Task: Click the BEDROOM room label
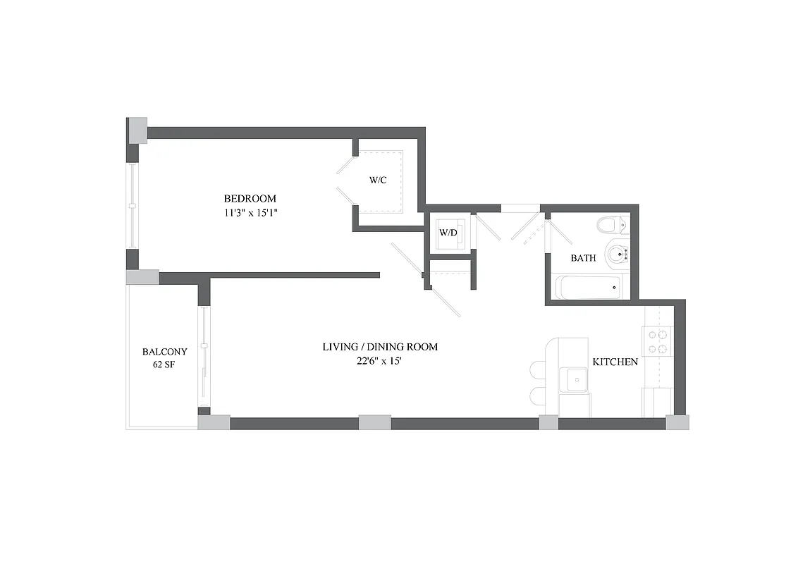click(250, 199)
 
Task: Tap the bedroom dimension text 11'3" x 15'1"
click(250, 212)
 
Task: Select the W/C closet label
click(378, 180)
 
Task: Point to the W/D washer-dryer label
click(448, 232)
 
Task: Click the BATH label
click(583, 258)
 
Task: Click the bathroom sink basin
click(615, 255)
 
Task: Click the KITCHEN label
click(615, 362)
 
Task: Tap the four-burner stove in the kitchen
click(658, 342)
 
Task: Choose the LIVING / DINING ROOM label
click(380, 347)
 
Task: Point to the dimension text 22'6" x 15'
click(380, 361)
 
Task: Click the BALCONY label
click(164, 351)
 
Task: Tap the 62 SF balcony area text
click(164, 364)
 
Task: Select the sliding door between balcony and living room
click(204, 356)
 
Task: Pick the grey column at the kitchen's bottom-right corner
click(677, 422)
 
